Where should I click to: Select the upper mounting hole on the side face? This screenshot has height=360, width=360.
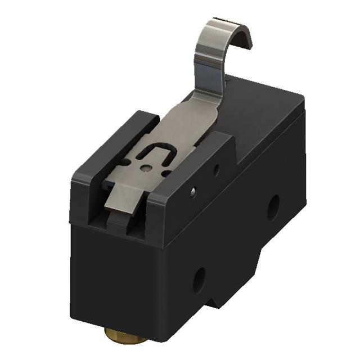coord(273,207)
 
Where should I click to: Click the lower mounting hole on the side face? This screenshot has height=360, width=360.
coord(199,280)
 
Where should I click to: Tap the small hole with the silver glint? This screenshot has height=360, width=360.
coord(193,193)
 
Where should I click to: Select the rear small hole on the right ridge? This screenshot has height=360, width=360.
coord(217,167)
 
